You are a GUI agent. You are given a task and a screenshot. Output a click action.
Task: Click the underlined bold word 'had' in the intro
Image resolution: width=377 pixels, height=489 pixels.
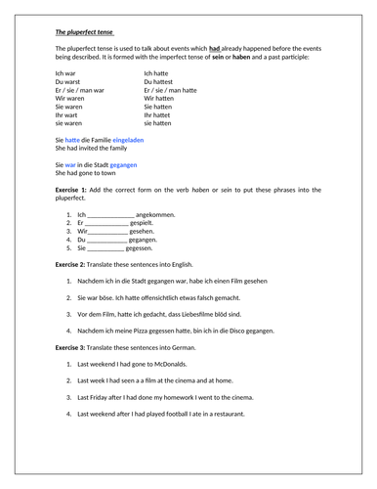click(215, 47)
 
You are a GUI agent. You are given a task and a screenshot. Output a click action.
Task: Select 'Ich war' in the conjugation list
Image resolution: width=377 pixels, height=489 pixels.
click(66, 73)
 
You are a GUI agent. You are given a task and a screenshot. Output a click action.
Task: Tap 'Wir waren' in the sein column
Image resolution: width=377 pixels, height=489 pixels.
click(69, 99)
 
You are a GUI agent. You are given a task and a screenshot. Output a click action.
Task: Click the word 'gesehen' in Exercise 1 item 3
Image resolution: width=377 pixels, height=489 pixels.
click(147, 231)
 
